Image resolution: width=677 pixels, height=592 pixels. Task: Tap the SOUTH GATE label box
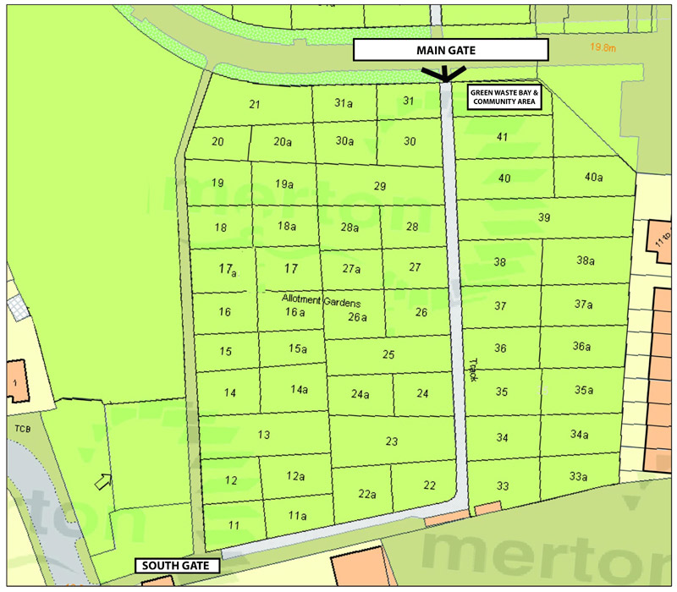178,565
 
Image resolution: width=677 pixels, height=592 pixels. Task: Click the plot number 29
380,186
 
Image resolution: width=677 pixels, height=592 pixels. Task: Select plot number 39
544,218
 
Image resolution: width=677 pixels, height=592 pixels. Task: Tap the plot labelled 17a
226,270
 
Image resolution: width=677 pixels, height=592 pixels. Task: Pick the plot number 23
392,441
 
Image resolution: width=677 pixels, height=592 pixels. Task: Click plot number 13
263,435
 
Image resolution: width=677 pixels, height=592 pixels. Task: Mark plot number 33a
578,477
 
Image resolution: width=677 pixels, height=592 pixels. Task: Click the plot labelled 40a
593,178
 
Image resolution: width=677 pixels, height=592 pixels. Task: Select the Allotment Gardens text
322,302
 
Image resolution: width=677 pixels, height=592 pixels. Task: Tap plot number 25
388,354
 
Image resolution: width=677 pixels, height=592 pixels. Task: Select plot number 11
234,525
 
